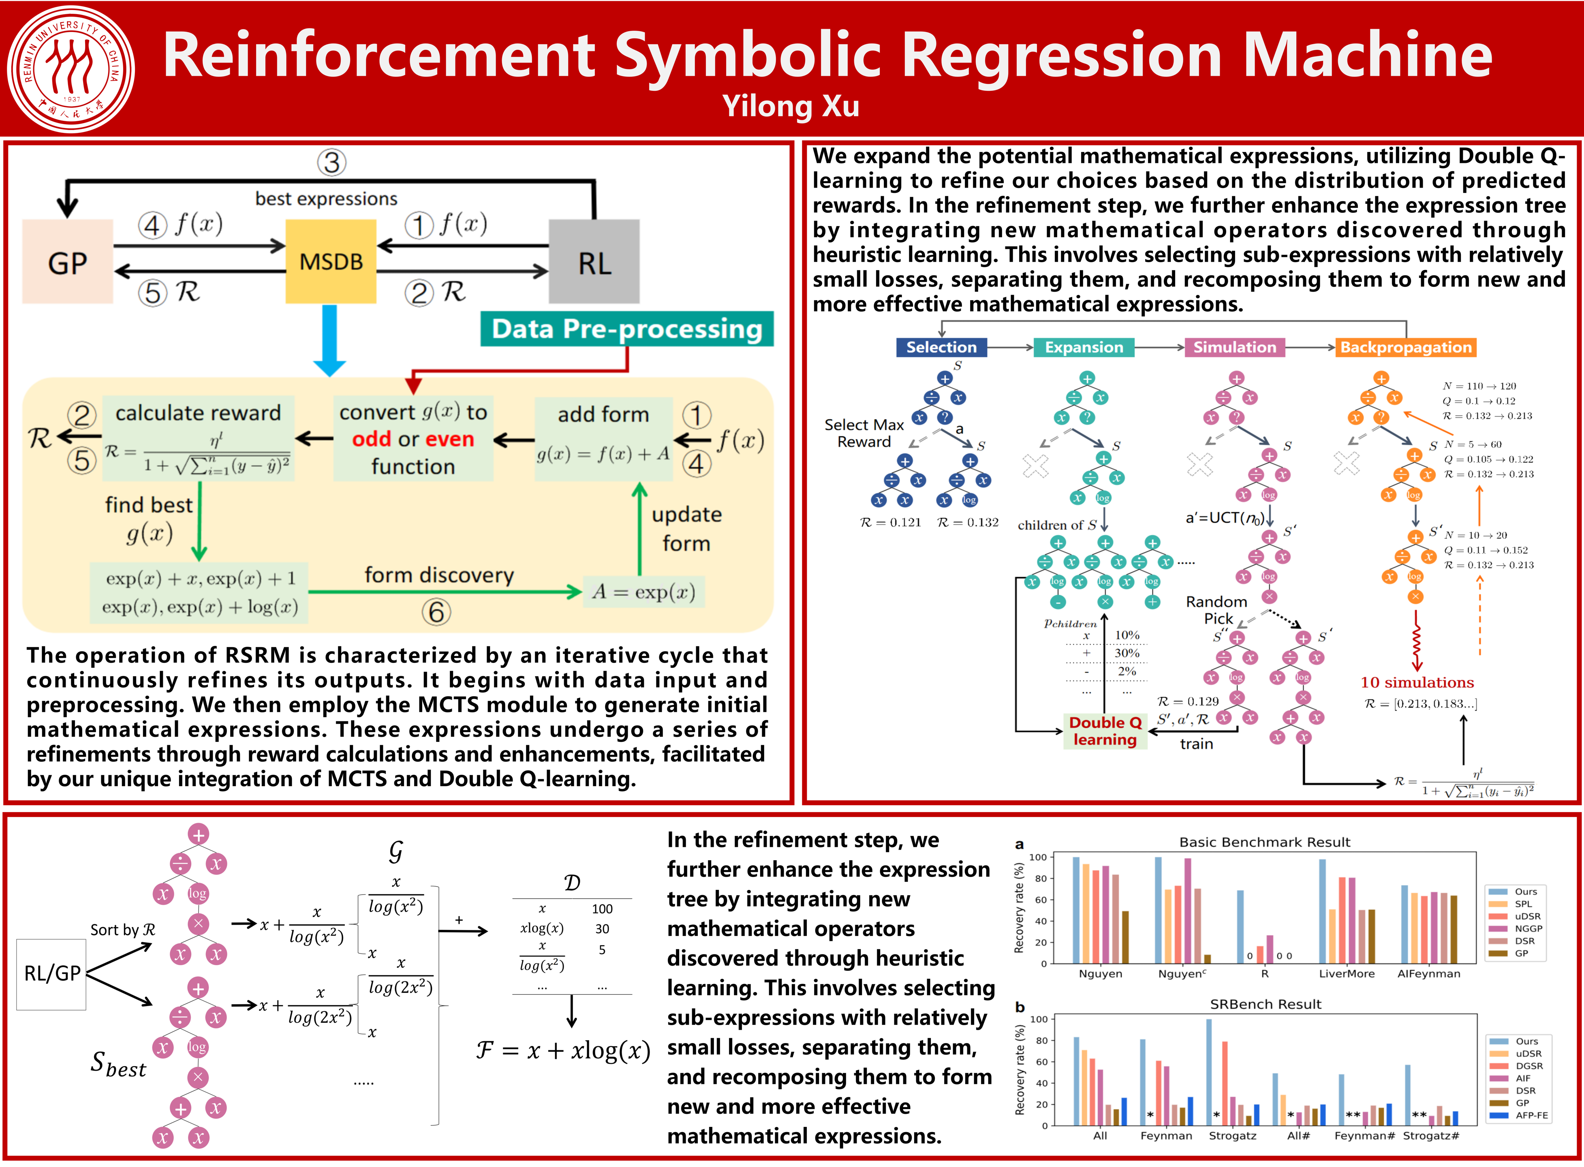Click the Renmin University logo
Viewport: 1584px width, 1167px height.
71,69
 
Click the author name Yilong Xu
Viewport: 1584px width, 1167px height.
791,107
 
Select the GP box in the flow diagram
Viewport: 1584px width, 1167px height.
68,262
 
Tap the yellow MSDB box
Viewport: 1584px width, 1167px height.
331,261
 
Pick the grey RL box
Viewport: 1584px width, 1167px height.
594,262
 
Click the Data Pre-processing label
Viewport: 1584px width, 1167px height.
627,329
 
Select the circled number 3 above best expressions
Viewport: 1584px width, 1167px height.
331,162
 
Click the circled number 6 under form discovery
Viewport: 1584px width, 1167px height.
437,612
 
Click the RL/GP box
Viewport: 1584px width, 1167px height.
51,973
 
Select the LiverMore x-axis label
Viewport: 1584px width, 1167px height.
1347,973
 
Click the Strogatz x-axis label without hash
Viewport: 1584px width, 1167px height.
1232,1136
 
